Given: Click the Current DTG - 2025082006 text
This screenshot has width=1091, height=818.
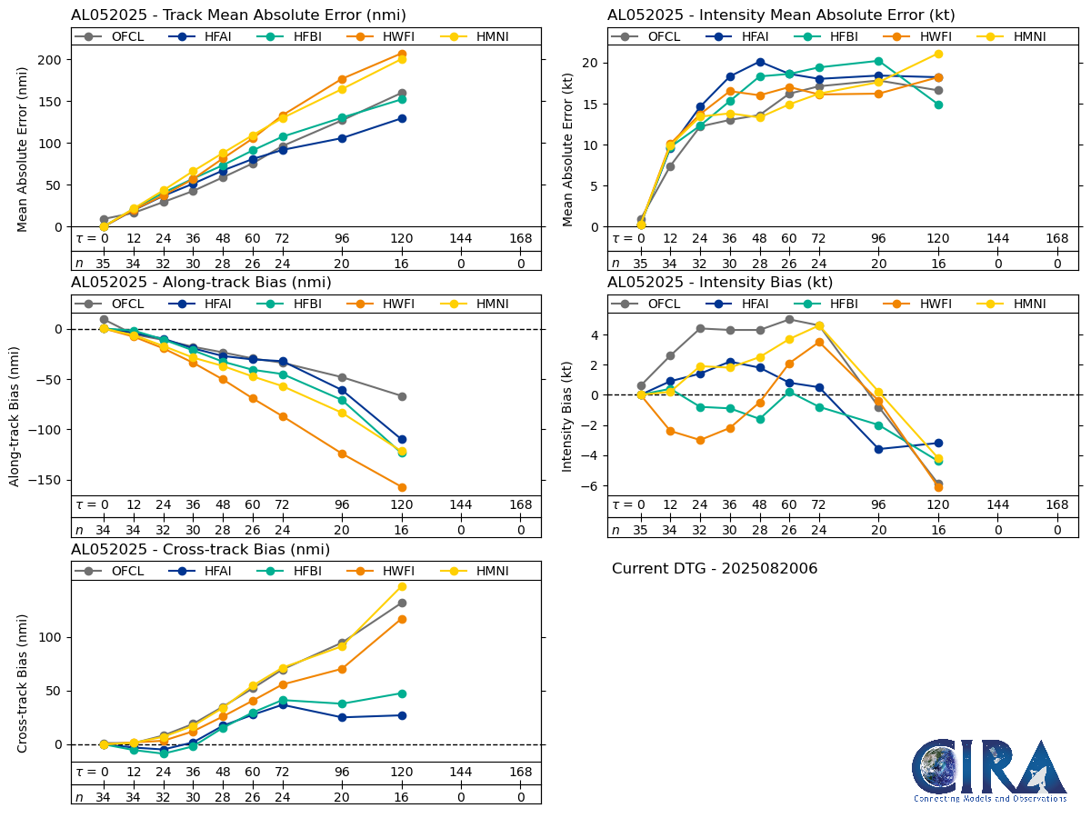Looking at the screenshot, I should [715, 569].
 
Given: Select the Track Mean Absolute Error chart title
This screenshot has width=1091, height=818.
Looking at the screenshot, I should [238, 15].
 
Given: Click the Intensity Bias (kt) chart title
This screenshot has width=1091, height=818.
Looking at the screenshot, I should [720, 282].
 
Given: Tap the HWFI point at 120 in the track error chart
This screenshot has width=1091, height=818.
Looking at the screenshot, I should [402, 54].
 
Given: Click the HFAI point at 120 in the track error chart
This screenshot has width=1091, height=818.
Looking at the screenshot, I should [402, 118].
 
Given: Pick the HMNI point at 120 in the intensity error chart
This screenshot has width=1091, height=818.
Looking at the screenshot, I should [938, 54].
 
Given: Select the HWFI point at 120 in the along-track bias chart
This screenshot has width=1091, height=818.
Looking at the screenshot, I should [402, 487].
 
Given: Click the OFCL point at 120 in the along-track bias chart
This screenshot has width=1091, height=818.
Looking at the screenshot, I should [402, 396].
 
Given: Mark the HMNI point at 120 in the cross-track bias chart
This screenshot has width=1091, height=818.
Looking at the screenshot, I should [402, 586].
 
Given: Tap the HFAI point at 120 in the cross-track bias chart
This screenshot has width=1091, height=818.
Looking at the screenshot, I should [402, 715].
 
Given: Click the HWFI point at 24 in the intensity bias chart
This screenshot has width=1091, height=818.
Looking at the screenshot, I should [700, 440].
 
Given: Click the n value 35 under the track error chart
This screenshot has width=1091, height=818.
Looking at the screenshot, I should [104, 263].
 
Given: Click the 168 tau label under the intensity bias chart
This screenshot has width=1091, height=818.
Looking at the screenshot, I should [1057, 505].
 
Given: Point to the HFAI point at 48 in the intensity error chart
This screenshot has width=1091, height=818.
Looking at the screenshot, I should [760, 62].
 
